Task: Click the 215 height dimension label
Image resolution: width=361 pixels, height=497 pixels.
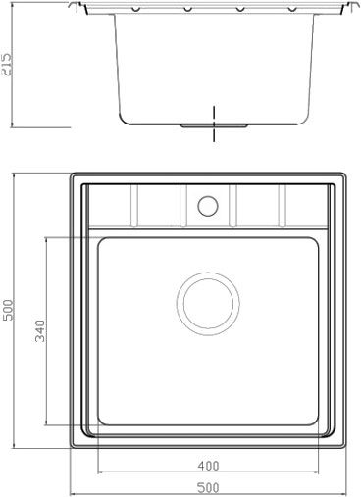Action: tap(7, 65)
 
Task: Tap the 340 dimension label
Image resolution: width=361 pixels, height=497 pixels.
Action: tap(40, 331)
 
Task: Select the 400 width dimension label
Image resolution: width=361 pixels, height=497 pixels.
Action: tap(208, 466)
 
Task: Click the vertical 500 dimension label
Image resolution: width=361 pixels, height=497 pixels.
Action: tap(8, 310)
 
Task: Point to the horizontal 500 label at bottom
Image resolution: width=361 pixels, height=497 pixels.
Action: tap(208, 488)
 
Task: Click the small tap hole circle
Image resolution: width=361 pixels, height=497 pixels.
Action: tap(208, 206)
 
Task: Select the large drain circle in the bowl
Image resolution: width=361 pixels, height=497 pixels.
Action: tap(208, 304)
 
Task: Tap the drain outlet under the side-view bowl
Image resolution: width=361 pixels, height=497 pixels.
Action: tap(214, 125)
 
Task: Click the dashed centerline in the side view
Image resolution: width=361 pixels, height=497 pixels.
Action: tap(214, 124)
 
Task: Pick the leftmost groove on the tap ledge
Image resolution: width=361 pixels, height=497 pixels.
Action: tap(134, 206)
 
